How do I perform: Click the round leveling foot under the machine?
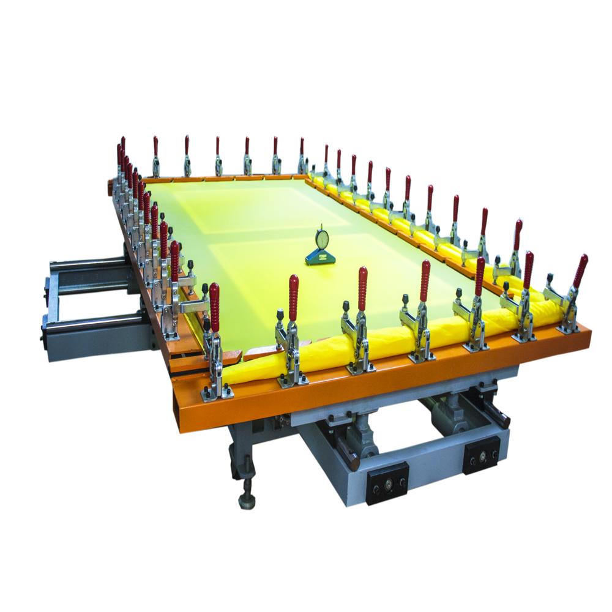click(247, 501)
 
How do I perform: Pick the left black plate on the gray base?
click(387, 482)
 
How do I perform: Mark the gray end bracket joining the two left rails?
click(49, 300)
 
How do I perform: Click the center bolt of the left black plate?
click(387, 482)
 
